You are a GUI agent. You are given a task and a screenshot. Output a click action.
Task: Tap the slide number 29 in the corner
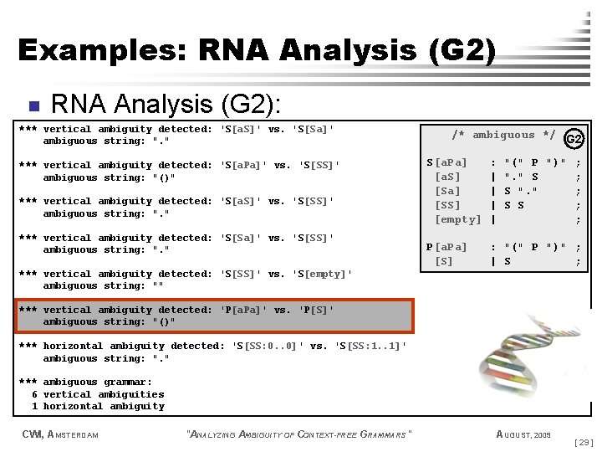click(584, 441)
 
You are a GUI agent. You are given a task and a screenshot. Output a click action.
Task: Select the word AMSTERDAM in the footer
click(74, 434)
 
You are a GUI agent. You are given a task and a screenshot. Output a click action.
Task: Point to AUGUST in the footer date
click(513, 434)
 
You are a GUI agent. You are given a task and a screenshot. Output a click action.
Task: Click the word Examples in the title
click(103, 50)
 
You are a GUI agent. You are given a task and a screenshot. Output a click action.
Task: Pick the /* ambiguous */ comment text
click(503, 135)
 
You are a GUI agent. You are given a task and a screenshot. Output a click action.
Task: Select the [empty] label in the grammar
click(458, 219)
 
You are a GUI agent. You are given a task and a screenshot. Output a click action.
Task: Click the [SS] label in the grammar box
click(447, 205)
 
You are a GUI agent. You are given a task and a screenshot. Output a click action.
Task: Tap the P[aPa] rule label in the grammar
click(446, 247)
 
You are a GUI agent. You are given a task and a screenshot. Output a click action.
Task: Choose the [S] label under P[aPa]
click(444, 261)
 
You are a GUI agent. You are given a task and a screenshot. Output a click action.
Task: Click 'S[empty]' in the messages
click(322, 274)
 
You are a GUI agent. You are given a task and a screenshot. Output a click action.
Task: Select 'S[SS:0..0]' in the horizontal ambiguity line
click(266, 346)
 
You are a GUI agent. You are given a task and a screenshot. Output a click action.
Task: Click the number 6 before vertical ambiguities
click(34, 394)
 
